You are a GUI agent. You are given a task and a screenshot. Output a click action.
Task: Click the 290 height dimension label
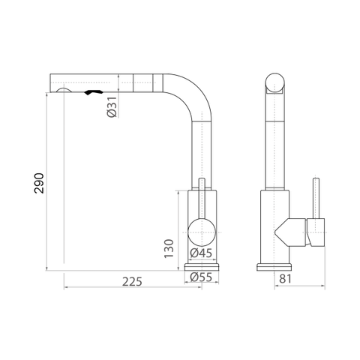[x=39, y=183]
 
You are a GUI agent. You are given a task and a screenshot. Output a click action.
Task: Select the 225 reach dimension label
[x=132, y=282]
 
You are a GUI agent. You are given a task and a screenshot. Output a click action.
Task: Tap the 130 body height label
[x=169, y=249]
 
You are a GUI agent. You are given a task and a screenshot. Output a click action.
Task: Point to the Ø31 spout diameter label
[x=112, y=107]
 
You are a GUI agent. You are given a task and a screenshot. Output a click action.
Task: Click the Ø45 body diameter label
[x=201, y=253]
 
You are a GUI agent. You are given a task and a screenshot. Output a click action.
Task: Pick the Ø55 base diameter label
[x=201, y=277]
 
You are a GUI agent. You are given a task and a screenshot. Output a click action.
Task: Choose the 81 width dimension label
[x=285, y=279]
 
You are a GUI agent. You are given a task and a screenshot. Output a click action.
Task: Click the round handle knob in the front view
[x=202, y=232]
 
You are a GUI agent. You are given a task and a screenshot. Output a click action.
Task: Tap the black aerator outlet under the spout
[x=94, y=92]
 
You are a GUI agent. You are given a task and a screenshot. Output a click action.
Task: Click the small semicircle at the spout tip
[x=64, y=89]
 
